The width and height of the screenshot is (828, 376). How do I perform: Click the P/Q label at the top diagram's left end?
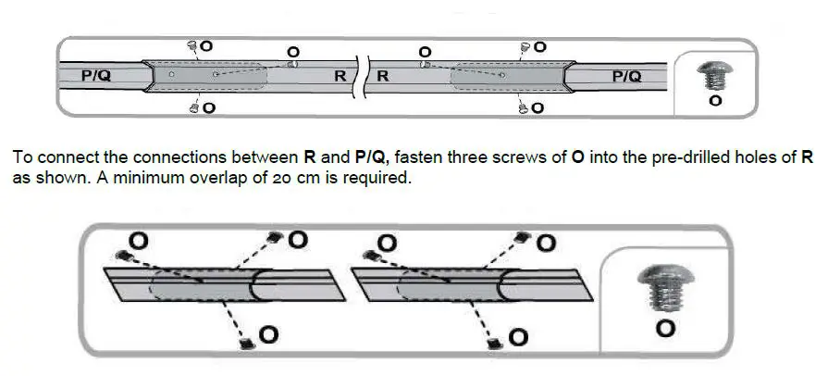coord(95,77)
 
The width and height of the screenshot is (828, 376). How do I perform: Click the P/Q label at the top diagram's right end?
coord(626,77)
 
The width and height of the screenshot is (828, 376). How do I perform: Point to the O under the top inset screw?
coord(714,100)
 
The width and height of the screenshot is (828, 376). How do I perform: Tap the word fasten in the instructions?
coord(423,157)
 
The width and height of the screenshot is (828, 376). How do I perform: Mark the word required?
coord(375,178)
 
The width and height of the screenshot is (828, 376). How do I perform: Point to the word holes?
coord(748,157)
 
